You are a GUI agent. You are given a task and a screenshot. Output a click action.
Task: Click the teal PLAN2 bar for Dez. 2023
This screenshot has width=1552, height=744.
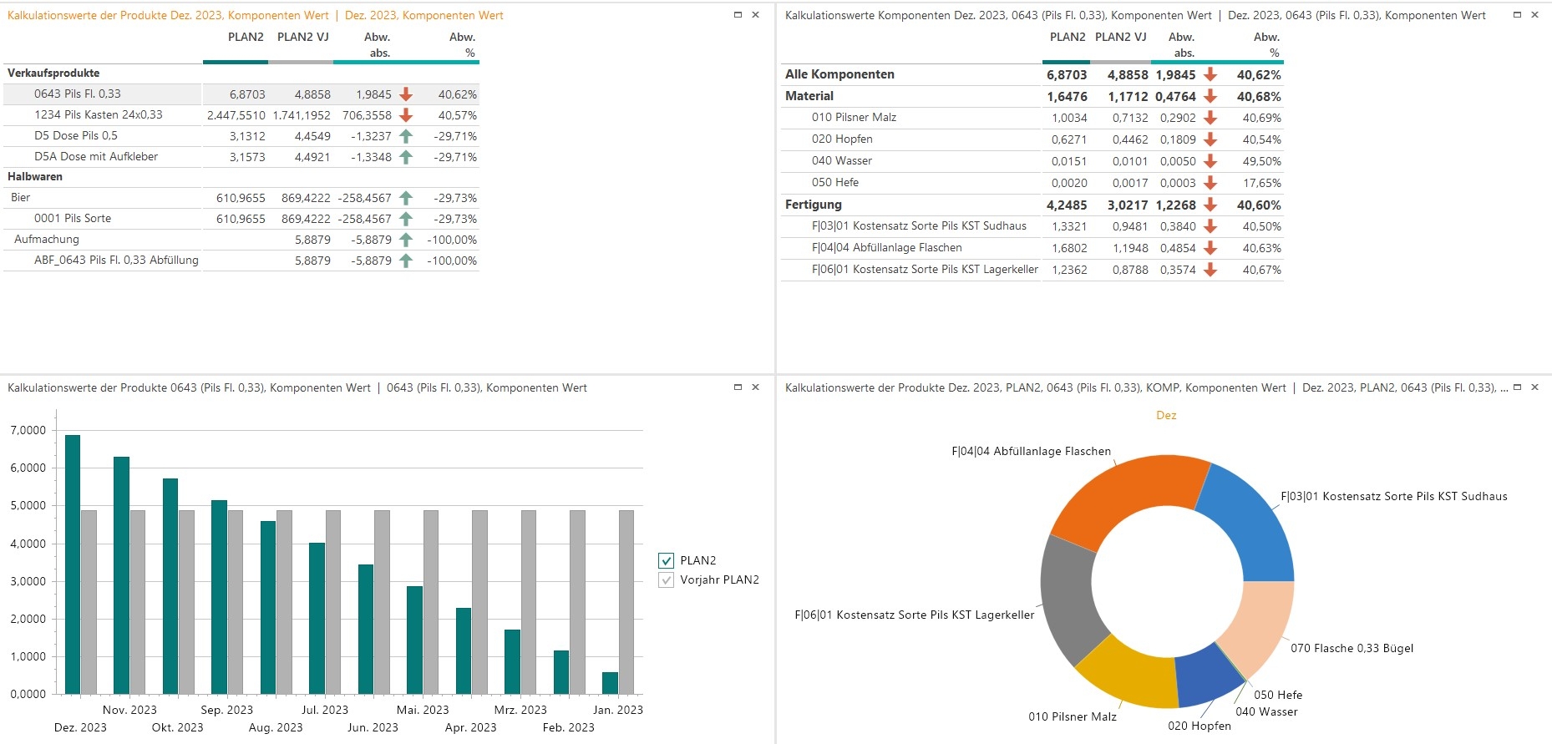coord(73,564)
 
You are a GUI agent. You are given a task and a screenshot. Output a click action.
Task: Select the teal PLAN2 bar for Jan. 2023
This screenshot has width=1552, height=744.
coord(610,683)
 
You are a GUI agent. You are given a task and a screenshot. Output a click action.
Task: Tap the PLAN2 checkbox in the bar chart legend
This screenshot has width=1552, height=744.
coord(666,560)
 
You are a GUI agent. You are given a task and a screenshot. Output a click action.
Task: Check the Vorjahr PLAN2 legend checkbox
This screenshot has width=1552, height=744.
coord(666,580)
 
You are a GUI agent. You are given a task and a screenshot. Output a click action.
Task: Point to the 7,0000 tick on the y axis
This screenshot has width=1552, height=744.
coord(28,431)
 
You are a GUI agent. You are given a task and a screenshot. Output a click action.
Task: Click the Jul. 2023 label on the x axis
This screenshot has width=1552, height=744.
coord(325,710)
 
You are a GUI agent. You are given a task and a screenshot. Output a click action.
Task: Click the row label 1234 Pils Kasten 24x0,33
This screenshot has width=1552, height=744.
coord(99,115)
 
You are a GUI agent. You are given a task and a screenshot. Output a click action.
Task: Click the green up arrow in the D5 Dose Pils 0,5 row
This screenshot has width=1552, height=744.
coord(406,136)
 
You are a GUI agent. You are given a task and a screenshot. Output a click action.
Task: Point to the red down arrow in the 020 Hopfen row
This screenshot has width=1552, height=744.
coord(1210,139)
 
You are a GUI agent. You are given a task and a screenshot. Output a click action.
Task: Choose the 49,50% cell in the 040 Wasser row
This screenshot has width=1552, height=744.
coord(1261,161)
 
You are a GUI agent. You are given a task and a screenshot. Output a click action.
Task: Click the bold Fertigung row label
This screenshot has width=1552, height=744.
coord(814,205)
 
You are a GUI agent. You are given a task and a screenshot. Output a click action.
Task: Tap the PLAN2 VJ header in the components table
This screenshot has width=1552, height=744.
coord(1120,38)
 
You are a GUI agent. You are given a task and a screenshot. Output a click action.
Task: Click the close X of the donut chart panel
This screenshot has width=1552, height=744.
coord(1534,387)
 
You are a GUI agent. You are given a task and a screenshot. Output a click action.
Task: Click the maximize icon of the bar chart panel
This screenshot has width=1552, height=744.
coord(738,387)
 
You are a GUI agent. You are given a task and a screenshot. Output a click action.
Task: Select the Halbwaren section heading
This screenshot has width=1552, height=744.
coord(35,177)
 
